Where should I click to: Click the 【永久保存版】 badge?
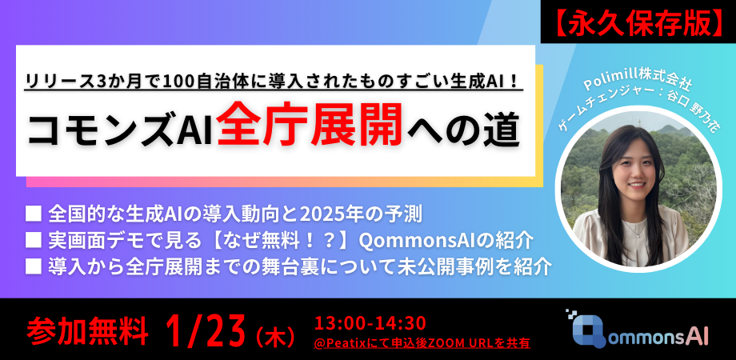pos(638,23)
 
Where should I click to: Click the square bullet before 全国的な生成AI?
pos(34,214)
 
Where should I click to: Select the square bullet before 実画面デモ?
pos(34,240)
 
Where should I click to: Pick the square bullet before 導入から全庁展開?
pos(34,266)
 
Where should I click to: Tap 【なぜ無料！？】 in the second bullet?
pos(275,240)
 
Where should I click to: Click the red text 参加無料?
pos(87,329)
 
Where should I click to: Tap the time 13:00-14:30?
pos(370,322)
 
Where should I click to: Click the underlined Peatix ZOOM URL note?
pos(422,342)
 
